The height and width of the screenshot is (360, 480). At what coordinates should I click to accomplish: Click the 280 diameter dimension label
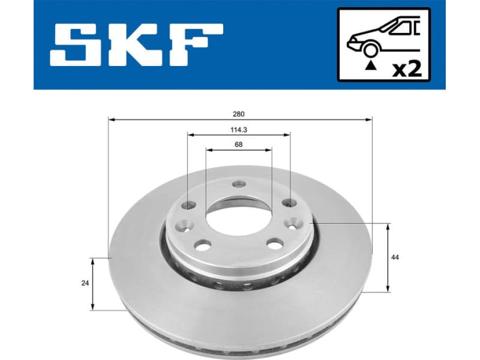click(x=240, y=113)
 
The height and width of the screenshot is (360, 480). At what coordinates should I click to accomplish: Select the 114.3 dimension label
click(x=240, y=129)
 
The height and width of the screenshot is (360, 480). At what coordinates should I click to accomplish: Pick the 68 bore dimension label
click(x=239, y=144)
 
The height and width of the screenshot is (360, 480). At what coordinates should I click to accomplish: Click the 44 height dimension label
click(x=395, y=257)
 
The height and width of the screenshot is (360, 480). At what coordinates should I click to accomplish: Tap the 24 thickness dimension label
click(x=86, y=283)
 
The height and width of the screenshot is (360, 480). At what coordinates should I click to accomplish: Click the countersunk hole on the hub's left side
click(x=182, y=226)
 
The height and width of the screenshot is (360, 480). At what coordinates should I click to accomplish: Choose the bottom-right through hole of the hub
click(x=275, y=243)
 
